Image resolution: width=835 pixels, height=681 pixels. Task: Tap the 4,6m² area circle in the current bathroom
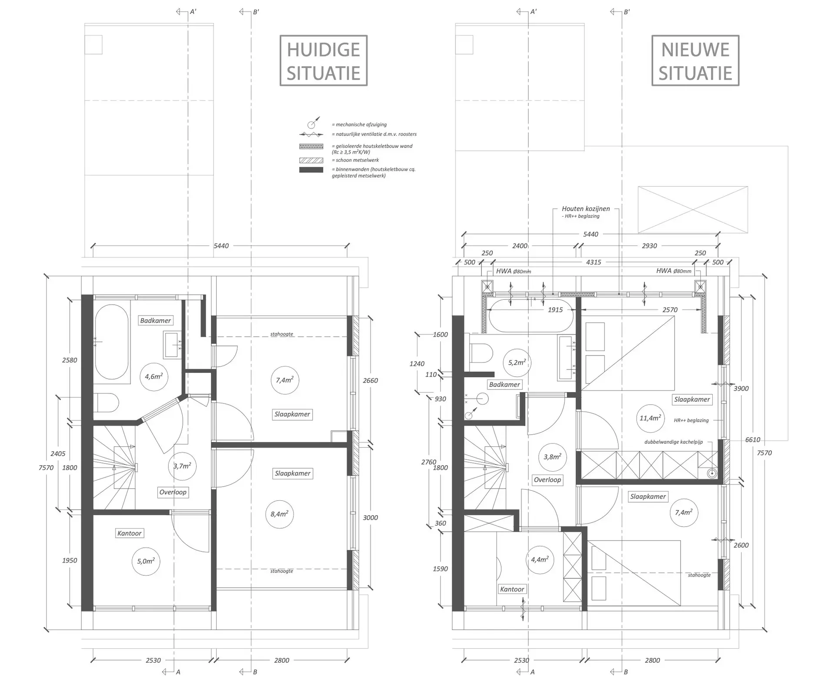154,376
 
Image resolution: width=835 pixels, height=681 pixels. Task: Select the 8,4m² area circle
279,514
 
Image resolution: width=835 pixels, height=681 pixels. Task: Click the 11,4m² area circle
650,418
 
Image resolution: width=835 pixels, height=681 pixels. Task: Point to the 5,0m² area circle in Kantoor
146,561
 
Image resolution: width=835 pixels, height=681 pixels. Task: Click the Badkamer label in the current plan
156,321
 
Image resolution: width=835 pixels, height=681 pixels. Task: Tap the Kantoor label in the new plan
512,589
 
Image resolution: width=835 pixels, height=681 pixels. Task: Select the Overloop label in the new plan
547,480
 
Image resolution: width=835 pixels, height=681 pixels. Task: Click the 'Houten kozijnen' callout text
586,209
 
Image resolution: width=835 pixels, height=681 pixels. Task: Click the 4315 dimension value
594,262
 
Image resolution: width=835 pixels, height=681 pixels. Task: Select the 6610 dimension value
753,440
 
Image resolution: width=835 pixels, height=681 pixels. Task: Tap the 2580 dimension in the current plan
70,360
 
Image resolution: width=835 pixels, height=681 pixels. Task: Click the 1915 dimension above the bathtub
555,310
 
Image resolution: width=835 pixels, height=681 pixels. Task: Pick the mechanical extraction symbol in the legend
314,123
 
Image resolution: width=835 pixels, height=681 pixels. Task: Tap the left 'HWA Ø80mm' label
514,271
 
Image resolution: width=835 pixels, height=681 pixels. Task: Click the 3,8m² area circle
552,457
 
